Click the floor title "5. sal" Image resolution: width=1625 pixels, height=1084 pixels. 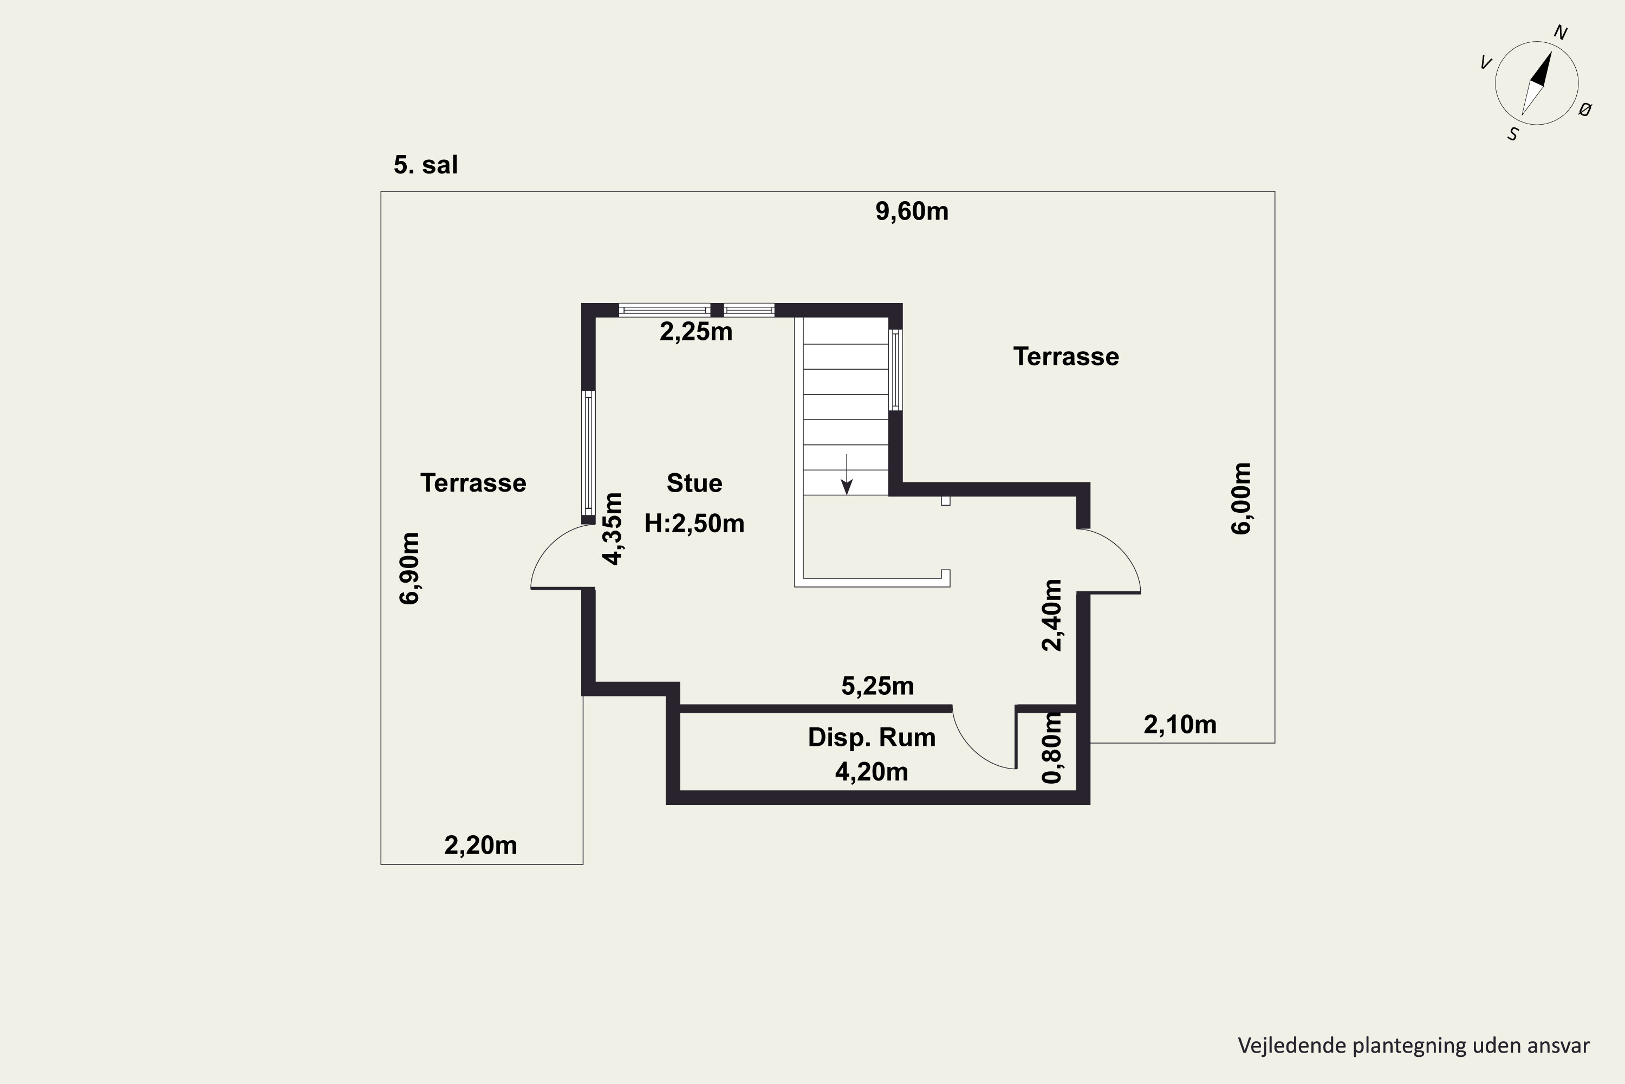(x=426, y=165)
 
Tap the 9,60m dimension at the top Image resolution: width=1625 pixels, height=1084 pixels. (x=912, y=211)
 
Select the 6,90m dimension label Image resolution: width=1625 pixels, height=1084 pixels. (x=409, y=568)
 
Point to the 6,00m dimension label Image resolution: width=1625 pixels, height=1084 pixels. (x=1241, y=499)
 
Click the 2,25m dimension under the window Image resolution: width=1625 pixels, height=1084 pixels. (x=695, y=332)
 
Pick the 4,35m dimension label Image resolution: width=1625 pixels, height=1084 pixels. (x=613, y=529)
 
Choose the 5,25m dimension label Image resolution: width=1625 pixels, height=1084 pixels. (x=877, y=686)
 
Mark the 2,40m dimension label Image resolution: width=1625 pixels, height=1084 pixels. (x=1051, y=615)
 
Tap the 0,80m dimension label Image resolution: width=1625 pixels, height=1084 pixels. (x=1051, y=748)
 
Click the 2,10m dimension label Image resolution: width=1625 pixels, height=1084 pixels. (x=1180, y=725)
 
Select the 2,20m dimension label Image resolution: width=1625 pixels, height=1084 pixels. (x=481, y=846)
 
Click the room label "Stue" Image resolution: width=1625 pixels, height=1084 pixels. (x=694, y=483)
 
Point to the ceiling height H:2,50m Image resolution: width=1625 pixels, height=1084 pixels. (x=694, y=524)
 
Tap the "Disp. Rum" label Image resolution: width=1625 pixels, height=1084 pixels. (x=872, y=738)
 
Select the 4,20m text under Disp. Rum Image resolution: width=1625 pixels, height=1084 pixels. (x=872, y=771)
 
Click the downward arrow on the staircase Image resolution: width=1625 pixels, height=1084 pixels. (x=846, y=474)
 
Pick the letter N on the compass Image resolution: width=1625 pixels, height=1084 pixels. (x=1561, y=33)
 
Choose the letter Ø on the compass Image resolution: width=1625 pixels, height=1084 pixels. (x=1585, y=109)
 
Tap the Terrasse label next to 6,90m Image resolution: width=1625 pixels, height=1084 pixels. (x=473, y=483)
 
